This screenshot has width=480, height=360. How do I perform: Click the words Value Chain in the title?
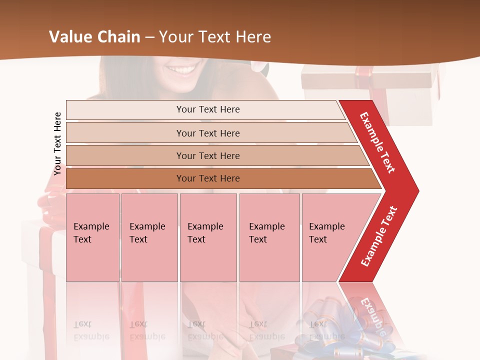(94, 37)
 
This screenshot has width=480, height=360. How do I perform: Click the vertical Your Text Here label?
(57, 143)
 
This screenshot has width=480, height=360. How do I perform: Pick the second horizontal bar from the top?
(207, 133)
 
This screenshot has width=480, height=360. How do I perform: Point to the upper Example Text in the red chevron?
(377, 142)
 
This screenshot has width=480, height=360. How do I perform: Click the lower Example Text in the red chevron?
(379, 236)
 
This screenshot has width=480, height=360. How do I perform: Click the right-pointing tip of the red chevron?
(416, 191)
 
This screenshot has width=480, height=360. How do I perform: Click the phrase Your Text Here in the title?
(215, 37)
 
